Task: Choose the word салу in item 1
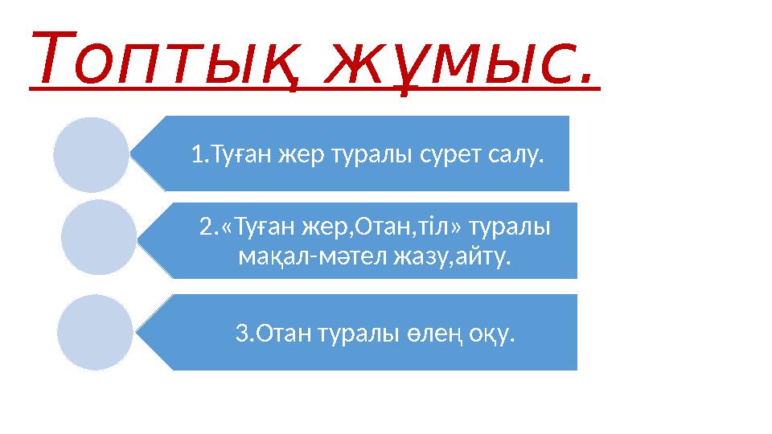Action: click(x=515, y=154)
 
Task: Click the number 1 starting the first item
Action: click(x=197, y=154)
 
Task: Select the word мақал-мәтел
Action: click(x=315, y=259)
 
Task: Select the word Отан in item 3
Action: click(x=285, y=333)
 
